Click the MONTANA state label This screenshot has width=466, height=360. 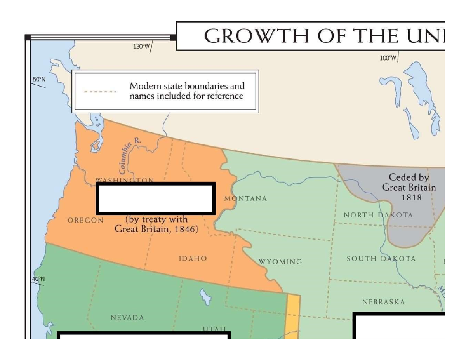[245, 198]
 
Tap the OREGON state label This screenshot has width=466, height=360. [85, 221]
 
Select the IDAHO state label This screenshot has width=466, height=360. [193, 258]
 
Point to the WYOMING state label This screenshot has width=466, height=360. [280, 262]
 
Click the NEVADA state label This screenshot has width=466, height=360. [127, 318]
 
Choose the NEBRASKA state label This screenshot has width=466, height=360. [384, 302]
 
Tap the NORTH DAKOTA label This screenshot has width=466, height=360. [378, 215]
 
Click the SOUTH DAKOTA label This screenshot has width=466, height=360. [381, 259]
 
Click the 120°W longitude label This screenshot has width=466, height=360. [141, 47]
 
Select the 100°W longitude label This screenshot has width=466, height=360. [388, 58]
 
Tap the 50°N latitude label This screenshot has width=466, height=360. [39, 79]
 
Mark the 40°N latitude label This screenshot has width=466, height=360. [38, 278]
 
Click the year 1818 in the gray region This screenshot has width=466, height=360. [411, 197]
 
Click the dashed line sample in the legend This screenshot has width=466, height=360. [100, 92]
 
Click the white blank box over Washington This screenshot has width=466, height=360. [156, 198]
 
